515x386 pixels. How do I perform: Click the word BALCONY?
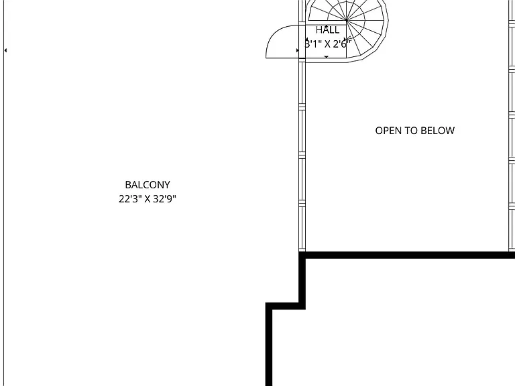point(148,185)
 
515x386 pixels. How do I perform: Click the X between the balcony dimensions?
point(147,199)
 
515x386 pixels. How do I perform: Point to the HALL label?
point(327,30)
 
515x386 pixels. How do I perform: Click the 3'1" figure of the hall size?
point(313,44)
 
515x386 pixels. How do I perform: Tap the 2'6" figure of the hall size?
point(342,44)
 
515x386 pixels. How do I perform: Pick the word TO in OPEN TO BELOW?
point(411,131)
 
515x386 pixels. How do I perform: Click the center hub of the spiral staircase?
point(347,20)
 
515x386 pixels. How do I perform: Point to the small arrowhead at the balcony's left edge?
point(5,50)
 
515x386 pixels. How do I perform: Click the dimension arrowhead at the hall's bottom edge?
point(326,57)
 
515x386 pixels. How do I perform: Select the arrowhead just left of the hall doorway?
point(298,50)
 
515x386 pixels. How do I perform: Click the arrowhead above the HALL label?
point(326,26)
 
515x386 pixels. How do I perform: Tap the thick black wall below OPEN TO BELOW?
point(406,255)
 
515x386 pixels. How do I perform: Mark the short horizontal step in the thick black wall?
point(285,306)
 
